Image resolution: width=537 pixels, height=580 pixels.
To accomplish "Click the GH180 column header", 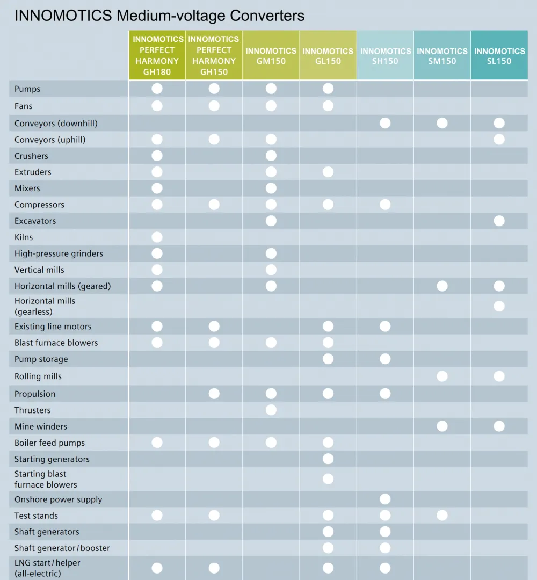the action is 157,55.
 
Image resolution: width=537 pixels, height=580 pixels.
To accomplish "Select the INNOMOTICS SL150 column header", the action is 499,55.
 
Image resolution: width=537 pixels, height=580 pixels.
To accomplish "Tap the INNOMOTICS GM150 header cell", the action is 271,55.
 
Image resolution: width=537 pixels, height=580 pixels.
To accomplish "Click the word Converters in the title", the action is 267,16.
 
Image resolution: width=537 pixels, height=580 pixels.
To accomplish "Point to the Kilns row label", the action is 24,237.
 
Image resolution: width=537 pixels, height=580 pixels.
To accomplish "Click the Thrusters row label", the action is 33,410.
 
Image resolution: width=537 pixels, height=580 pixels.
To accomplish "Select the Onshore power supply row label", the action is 58,499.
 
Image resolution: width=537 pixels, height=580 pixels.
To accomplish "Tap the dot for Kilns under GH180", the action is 157,237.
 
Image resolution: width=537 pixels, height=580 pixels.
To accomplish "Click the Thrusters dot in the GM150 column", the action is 271,410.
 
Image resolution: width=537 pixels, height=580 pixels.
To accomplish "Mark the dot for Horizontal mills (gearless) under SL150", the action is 499,306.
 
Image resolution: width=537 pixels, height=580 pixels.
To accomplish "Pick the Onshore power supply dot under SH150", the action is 385,499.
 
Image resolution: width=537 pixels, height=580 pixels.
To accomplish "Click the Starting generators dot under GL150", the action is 328,459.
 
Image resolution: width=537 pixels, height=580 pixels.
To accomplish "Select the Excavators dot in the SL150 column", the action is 499,221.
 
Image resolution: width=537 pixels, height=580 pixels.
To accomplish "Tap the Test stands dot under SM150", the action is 442,515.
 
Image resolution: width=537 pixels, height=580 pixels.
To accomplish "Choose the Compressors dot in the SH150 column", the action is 385,205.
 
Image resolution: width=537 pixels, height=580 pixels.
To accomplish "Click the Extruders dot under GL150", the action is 328,172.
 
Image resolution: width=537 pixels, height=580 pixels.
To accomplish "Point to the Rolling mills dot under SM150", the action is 442,376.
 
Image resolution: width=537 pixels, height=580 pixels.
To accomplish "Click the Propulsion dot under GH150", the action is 214,394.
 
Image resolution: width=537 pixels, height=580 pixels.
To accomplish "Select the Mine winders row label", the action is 41,426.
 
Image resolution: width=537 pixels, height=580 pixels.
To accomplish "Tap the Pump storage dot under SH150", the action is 385,359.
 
